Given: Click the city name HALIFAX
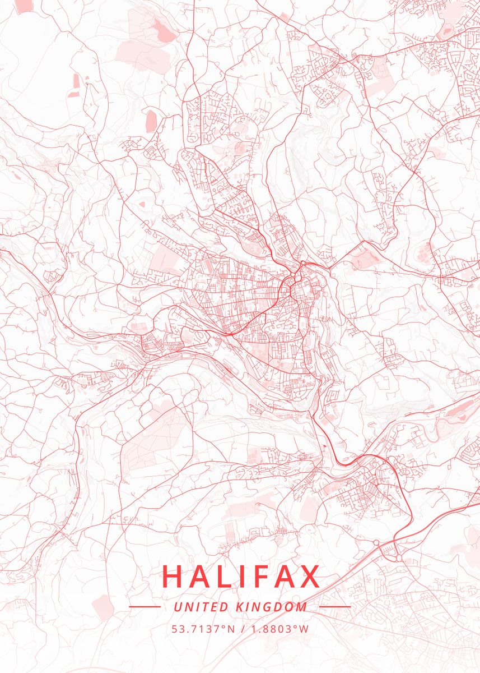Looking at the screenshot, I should click(x=241, y=577).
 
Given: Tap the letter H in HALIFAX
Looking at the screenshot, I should click(x=173, y=577).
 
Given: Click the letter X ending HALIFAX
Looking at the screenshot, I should click(x=309, y=577).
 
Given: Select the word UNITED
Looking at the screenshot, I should click(x=201, y=607).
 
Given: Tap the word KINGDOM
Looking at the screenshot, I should click(x=272, y=607).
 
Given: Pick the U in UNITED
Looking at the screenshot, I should click(x=178, y=607).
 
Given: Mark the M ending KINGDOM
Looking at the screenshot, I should click(x=302, y=607).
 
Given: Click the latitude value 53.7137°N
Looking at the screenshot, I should click(x=203, y=629).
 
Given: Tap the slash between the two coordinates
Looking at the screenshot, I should click(x=241, y=629).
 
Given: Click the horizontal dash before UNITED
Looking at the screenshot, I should click(x=145, y=606).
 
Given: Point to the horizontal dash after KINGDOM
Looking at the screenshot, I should click(x=335, y=606).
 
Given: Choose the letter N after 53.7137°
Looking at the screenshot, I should click(x=231, y=629).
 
